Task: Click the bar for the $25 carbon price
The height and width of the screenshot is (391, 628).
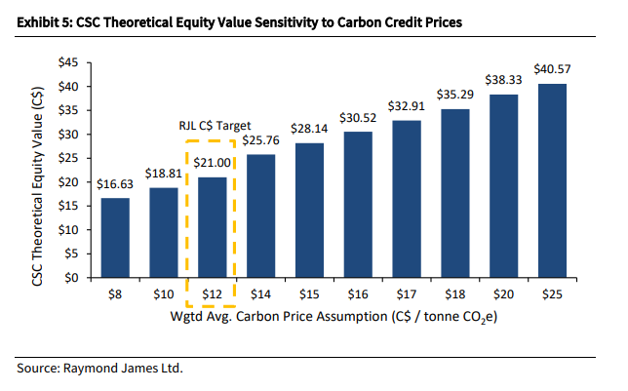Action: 551,180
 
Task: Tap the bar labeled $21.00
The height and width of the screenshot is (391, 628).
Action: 212,227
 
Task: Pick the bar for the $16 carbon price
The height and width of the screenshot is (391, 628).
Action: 357,205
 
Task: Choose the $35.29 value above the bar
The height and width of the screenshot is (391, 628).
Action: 453,97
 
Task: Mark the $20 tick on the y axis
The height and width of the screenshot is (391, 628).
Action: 69,182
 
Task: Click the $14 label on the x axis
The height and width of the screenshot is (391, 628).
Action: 260,293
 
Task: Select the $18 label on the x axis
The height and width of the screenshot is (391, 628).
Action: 453,293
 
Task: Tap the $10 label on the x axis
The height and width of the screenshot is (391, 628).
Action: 163,293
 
